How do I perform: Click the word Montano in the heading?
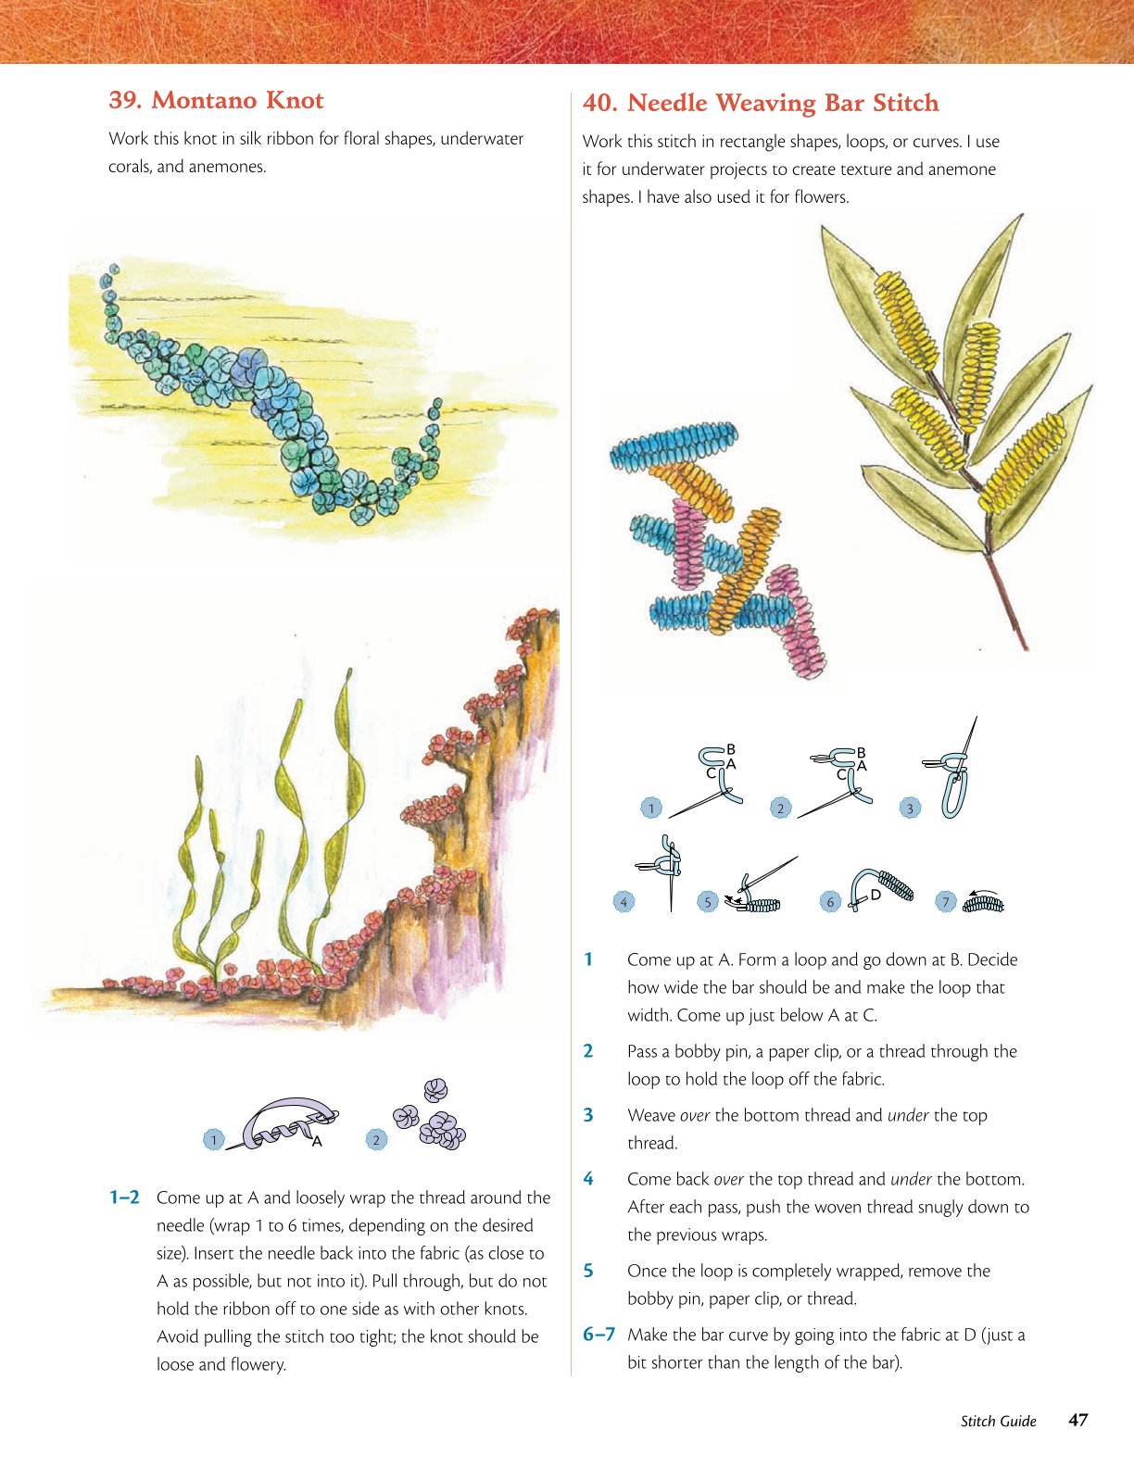(203, 100)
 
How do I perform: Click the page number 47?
(1077, 1420)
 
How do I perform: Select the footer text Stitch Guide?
(998, 1421)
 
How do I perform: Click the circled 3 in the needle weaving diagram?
(910, 809)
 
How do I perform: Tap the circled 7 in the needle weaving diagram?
(946, 902)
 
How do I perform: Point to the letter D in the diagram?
(876, 895)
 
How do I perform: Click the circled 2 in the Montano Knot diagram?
(376, 1140)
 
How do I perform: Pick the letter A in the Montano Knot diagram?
(317, 1142)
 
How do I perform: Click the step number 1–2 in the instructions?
(124, 1197)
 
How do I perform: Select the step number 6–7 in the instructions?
(599, 1335)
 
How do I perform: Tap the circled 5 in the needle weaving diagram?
(707, 902)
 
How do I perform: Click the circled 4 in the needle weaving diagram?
(624, 902)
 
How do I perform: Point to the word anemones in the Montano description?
(228, 167)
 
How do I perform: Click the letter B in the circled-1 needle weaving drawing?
(730, 749)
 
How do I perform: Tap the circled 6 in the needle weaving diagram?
(830, 902)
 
